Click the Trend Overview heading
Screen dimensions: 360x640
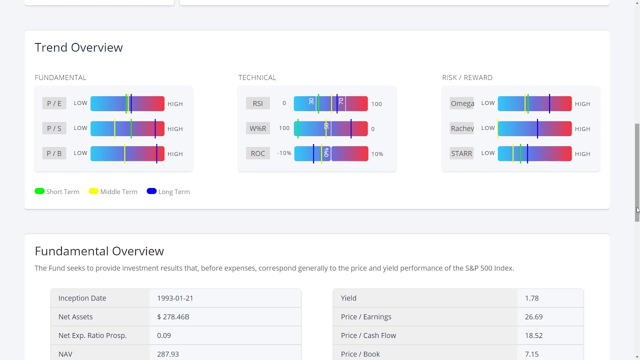coord(78,47)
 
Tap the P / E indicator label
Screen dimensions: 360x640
coord(54,103)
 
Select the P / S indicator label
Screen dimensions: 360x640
coord(54,128)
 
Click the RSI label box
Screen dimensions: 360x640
coord(257,103)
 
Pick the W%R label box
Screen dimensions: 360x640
coord(257,128)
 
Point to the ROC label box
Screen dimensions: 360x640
coord(257,153)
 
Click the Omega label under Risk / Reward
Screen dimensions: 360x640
coord(462,103)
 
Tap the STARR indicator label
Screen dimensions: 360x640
coord(461,153)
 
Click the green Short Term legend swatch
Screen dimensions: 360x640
coord(39,191)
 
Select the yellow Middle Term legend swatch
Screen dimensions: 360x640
coord(93,191)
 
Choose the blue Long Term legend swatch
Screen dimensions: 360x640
coord(151,191)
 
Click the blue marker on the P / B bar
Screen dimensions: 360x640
coord(156,153)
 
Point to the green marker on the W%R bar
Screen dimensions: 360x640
coord(298,128)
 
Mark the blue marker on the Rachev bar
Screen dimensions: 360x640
coord(537,128)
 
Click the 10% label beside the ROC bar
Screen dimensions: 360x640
coord(377,154)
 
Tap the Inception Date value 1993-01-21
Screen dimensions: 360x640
coord(175,298)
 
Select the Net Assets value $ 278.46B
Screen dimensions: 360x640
coord(173,316)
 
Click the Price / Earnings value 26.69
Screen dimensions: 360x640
coord(533,316)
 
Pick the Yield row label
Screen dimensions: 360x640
coord(348,298)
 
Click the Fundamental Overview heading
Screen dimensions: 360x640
coord(99,251)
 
